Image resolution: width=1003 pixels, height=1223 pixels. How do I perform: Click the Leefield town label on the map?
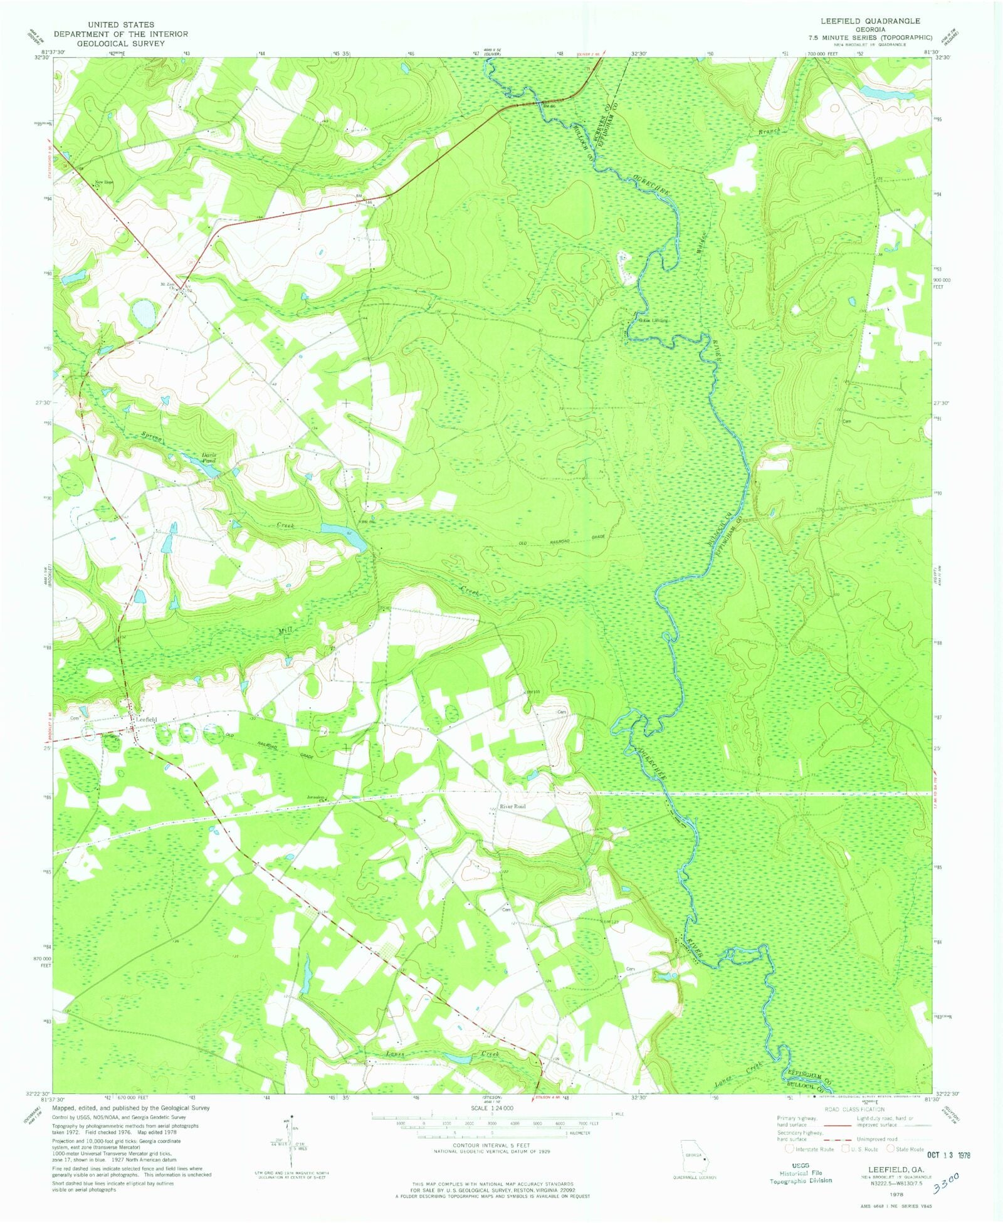[x=148, y=719]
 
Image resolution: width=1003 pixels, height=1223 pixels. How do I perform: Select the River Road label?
[x=512, y=806]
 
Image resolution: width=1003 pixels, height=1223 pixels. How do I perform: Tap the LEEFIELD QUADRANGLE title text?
[x=870, y=21]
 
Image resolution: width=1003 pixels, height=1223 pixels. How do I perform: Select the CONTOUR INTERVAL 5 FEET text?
[x=491, y=1146]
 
